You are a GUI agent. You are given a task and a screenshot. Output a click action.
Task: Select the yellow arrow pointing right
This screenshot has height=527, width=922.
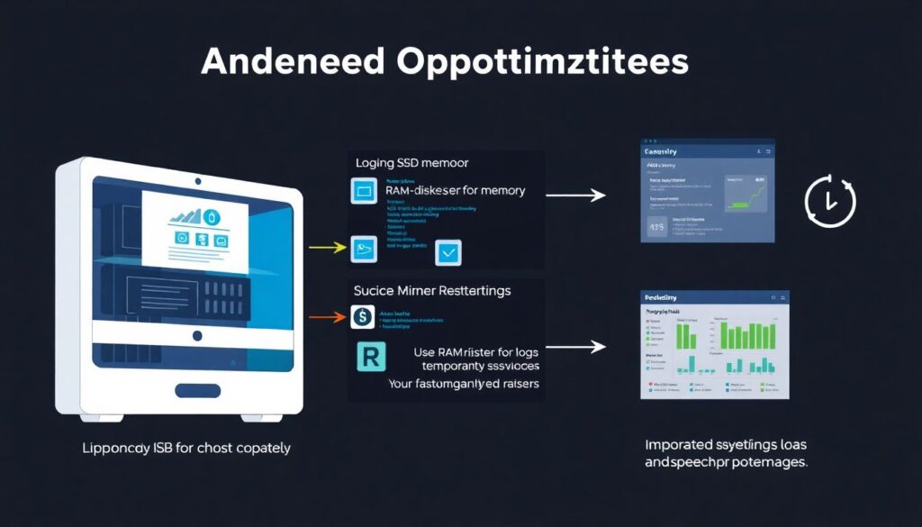coord(327,245)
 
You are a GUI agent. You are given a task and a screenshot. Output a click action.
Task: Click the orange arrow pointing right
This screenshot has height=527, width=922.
coord(327,317)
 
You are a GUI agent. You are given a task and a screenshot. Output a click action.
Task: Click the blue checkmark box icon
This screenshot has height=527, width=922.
coord(447,253)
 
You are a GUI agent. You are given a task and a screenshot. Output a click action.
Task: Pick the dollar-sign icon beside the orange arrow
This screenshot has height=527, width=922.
coord(361,316)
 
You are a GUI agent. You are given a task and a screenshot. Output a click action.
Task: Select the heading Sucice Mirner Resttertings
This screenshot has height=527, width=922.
coord(432,291)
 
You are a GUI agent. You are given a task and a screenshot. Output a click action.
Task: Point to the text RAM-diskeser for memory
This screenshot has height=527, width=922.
coord(455,191)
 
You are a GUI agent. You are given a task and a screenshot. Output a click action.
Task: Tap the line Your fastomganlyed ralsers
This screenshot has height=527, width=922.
coord(464,384)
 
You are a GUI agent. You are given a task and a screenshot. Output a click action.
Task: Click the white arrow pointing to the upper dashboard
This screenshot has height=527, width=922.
coord(574,193)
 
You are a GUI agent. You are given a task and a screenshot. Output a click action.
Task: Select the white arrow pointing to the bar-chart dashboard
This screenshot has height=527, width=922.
coord(574,346)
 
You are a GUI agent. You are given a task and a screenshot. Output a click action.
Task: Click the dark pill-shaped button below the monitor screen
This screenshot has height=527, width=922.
coord(197,391)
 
